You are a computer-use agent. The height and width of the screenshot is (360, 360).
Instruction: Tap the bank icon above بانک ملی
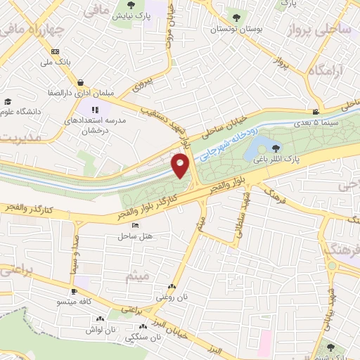[x=54, y=51]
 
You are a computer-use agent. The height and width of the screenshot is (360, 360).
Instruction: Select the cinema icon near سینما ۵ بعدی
[x=316, y=112]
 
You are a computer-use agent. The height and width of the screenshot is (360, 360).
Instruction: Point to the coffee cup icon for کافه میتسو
[x=74, y=291]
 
